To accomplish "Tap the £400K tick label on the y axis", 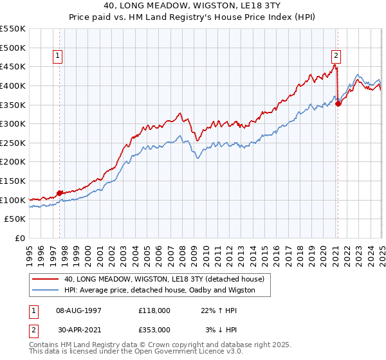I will point(13,85).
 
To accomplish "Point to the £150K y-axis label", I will point(13,181).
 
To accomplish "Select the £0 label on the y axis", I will point(20,238).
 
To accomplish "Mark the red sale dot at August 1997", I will point(59,192).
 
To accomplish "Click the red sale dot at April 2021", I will point(338,104).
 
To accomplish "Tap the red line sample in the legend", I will point(45,279).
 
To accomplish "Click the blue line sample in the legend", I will point(45,290).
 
